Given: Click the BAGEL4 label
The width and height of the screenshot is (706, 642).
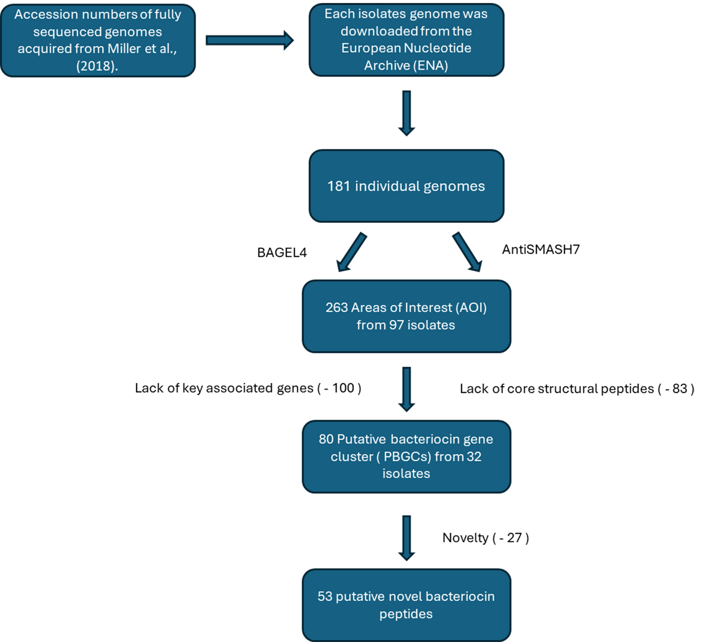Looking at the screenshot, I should pyautogui.click(x=282, y=253).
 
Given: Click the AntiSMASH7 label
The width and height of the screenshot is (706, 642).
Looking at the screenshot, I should pyautogui.click(x=541, y=249).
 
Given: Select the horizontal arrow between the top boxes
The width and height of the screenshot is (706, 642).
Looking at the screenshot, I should pyautogui.click(x=249, y=41).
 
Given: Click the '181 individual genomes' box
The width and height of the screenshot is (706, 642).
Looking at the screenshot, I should pyautogui.click(x=406, y=186).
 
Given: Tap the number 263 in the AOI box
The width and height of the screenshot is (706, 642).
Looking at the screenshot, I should pyautogui.click(x=337, y=308).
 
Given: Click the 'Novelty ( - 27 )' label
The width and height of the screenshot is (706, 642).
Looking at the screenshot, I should pyautogui.click(x=485, y=538).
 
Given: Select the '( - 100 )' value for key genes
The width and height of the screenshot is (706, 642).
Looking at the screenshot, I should pyautogui.click(x=339, y=388).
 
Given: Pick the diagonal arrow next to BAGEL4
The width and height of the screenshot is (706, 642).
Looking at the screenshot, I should pyautogui.click(x=351, y=252).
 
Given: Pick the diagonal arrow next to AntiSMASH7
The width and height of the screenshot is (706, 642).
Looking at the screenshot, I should pyautogui.click(x=467, y=252).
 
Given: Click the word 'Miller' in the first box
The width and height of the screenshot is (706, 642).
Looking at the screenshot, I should pyautogui.click(x=124, y=49).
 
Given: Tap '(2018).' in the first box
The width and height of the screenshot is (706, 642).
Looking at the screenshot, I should pyautogui.click(x=97, y=66).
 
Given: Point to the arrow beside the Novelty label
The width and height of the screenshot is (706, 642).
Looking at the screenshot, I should pyautogui.click(x=407, y=538).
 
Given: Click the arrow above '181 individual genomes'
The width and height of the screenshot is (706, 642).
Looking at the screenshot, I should pyautogui.click(x=407, y=113).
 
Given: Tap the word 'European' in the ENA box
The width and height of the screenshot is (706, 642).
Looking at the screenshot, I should pyautogui.click(x=371, y=48).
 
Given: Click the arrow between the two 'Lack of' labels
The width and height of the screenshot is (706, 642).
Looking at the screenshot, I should pyautogui.click(x=407, y=389).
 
